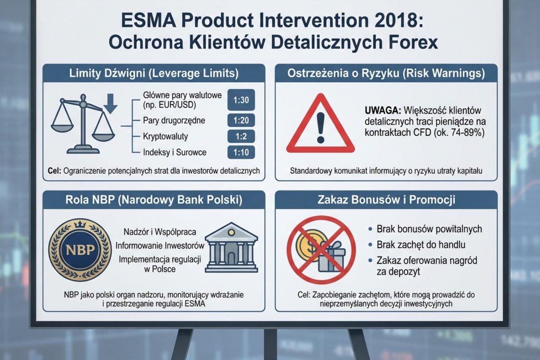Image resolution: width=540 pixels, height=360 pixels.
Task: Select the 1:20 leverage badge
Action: click(242, 120)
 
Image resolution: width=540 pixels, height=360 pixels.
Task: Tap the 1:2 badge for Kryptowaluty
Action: click(242, 136)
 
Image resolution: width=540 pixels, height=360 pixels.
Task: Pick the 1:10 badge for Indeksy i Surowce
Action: click(242, 152)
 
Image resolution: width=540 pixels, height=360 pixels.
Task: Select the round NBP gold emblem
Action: click(79, 250)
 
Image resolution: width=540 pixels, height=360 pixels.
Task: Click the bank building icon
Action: click(231, 248)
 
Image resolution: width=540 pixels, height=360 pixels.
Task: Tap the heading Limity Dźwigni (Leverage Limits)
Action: click(153, 73)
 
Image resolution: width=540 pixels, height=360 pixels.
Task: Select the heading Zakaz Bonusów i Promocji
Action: click(386, 199)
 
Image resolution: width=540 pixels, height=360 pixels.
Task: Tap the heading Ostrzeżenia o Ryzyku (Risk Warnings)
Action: click(386, 73)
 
